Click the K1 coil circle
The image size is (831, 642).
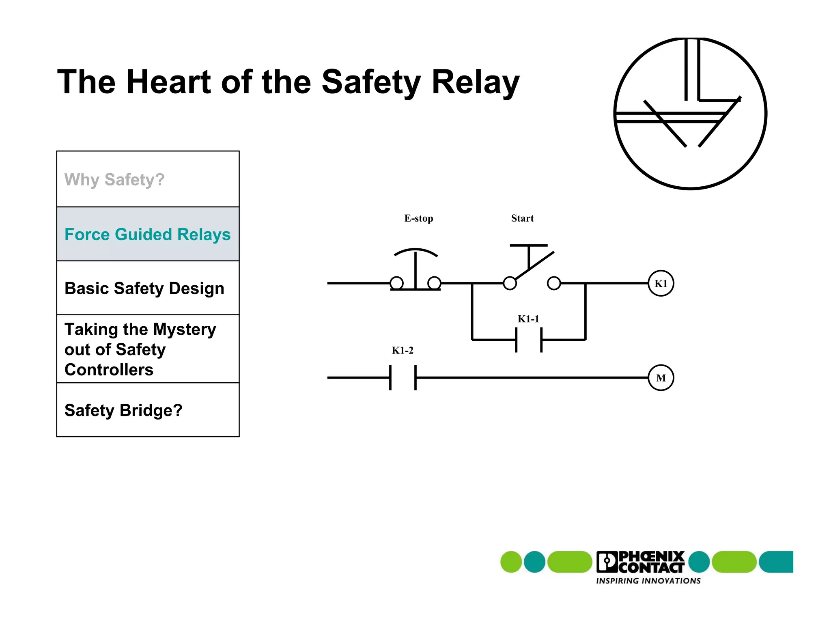tap(661, 283)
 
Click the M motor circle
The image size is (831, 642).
tap(661, 378)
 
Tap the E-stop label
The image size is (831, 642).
tap(418, 218)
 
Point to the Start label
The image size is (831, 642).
tap(522, 218)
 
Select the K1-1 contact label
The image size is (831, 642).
tap(528, 319)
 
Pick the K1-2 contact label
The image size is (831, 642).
tap(402, 351)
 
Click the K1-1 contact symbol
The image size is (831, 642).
tap(528, 340)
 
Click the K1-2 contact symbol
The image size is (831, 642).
tap(403, 378)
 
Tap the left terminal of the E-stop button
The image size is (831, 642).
tap(396, 283)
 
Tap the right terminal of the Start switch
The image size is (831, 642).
tap(554, 283)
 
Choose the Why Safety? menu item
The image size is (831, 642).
tap(114, 179)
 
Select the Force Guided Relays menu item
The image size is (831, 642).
tap(147, 235)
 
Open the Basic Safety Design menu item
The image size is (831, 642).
tap(144, 289)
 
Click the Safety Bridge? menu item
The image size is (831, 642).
tap(123, 410)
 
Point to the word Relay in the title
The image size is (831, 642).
tap(475, 82)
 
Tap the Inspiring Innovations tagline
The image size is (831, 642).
tap(648, 581)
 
